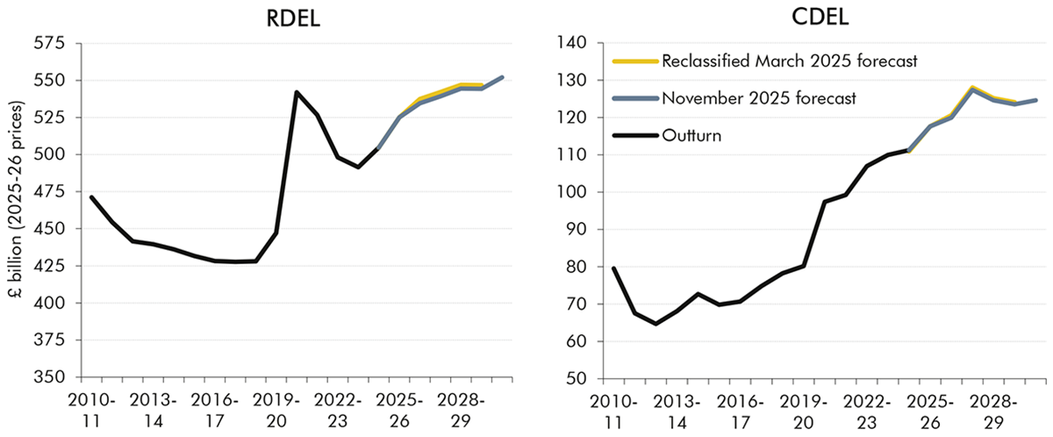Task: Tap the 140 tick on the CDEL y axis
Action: pos(578,42)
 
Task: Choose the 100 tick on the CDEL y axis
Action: pos(578,191)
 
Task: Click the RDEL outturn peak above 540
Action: pos(297,92)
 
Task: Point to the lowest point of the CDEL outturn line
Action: pos(655,324)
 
